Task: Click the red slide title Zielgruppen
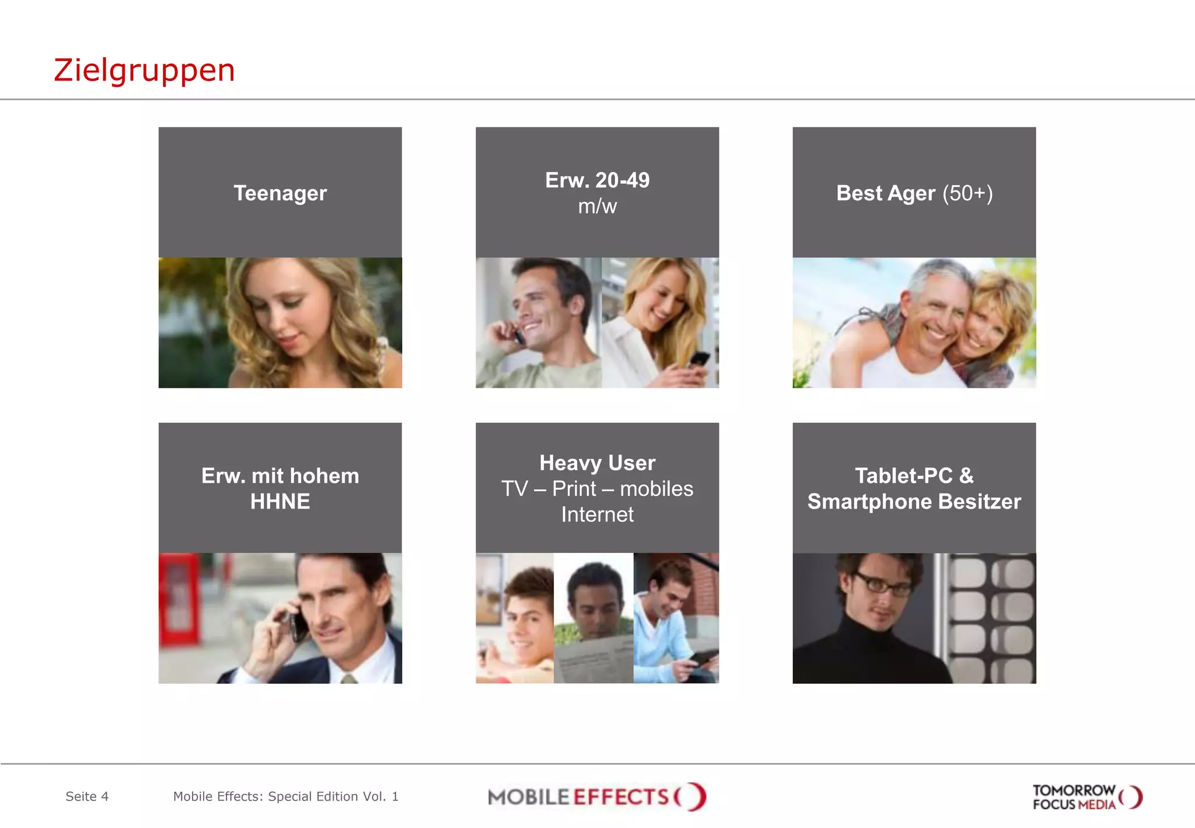tap(144, 70)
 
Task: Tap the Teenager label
tap(280, 193)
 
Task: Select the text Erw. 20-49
tap(597, 180)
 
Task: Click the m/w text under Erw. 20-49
tap(597, 207)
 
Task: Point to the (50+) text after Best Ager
tap(967, 193)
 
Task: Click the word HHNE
tap(280, 502)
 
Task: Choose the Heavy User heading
tap(597, 463)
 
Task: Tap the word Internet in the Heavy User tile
tap(597, 514)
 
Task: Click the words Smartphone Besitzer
tap(914, 502)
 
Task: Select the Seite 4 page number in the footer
tap(87, 796)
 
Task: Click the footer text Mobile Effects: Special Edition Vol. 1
tap(285, 796)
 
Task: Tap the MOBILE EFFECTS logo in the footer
tap(596, 797)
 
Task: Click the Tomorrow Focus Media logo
tap(1086, 797)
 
